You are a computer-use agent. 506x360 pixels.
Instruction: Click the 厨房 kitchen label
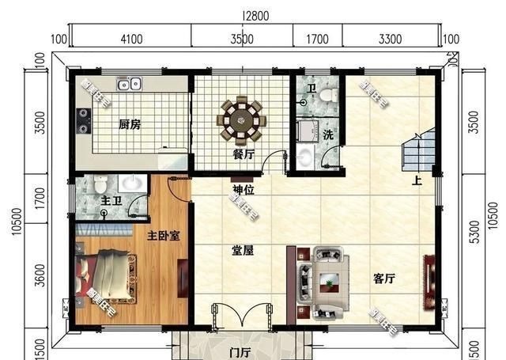[130, 124]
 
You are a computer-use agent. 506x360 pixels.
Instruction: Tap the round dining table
[243, 119]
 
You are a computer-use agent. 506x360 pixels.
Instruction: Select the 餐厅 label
[243, 155]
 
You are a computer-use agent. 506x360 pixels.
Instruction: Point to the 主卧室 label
[163, 236]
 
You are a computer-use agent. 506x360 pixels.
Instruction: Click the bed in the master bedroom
[108, 276]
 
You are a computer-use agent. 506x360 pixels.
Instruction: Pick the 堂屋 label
[242, 251]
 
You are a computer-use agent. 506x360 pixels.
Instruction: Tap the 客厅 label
[384, 279]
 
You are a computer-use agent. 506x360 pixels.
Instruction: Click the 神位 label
[243, 190]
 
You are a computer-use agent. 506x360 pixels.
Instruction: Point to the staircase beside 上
[418, 150]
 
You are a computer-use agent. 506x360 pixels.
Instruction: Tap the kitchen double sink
[128, 83]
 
